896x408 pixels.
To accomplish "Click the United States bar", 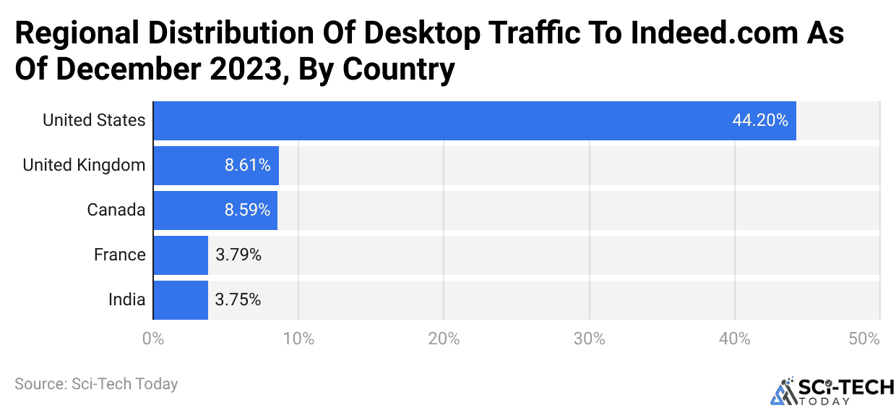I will (474, 121).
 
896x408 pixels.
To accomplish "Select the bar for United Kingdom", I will (215, 166).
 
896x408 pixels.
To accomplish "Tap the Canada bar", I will (215, 211).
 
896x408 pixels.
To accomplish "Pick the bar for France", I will (181, 255).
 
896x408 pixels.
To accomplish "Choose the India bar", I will (181, 300).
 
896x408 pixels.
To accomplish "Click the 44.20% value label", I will (759, 121).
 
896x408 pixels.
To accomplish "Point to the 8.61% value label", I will (247, 166).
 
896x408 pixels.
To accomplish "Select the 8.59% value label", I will (247, 211).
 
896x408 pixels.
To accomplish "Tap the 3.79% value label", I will (238, 255).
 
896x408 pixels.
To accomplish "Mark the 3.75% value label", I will (238, 300).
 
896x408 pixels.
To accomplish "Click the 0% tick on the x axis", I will (152, 339).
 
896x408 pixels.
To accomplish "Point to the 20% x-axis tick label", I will (444, 339).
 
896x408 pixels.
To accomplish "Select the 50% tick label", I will (864, 339).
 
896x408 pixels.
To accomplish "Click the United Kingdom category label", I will (84, 166).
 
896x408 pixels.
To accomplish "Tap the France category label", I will (119, 255).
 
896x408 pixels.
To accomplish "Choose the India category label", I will (126, 300).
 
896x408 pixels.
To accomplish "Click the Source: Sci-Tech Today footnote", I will (96, 384).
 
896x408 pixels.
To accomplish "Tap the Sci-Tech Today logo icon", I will (782, 391).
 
